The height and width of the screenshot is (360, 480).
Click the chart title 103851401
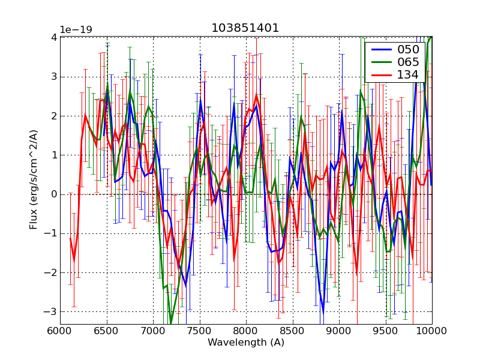pyautogui.click(x=245, y=28)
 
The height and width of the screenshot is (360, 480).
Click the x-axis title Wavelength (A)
pyautogui.click(x=246, y=343)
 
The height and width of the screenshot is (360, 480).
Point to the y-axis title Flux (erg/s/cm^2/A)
pyautogui.click(x=34, y=179)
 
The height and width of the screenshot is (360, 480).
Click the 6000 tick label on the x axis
pyautogui.click(x=60, y=331)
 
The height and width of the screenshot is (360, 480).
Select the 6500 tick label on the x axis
pyautogui.click(x=107, y=331)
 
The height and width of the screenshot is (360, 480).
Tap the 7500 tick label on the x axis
pyautogui.click(x=200, y=331)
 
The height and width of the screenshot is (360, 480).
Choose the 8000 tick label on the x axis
pyautogui.click(x=246, y=331)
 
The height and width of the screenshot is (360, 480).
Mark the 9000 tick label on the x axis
pyautogui.click(x=339, y=331)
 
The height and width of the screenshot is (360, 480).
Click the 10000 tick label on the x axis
pyautogui.click(x=431, y=331)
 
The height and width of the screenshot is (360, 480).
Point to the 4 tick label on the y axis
pyautogui.click(x=53, y=37)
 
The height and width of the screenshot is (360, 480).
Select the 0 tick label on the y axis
pyautogui.click(x=53, y=194)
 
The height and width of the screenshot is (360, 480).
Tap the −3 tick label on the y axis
pyautogui.click(x=51, y=311)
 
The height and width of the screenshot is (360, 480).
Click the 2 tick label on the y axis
pyautogui.click(x=53, y=116)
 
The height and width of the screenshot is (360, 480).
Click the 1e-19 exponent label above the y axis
pyautogui.click(x=76, y=29)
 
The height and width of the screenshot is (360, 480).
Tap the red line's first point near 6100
pyautogui.click(x=70, y=238)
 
